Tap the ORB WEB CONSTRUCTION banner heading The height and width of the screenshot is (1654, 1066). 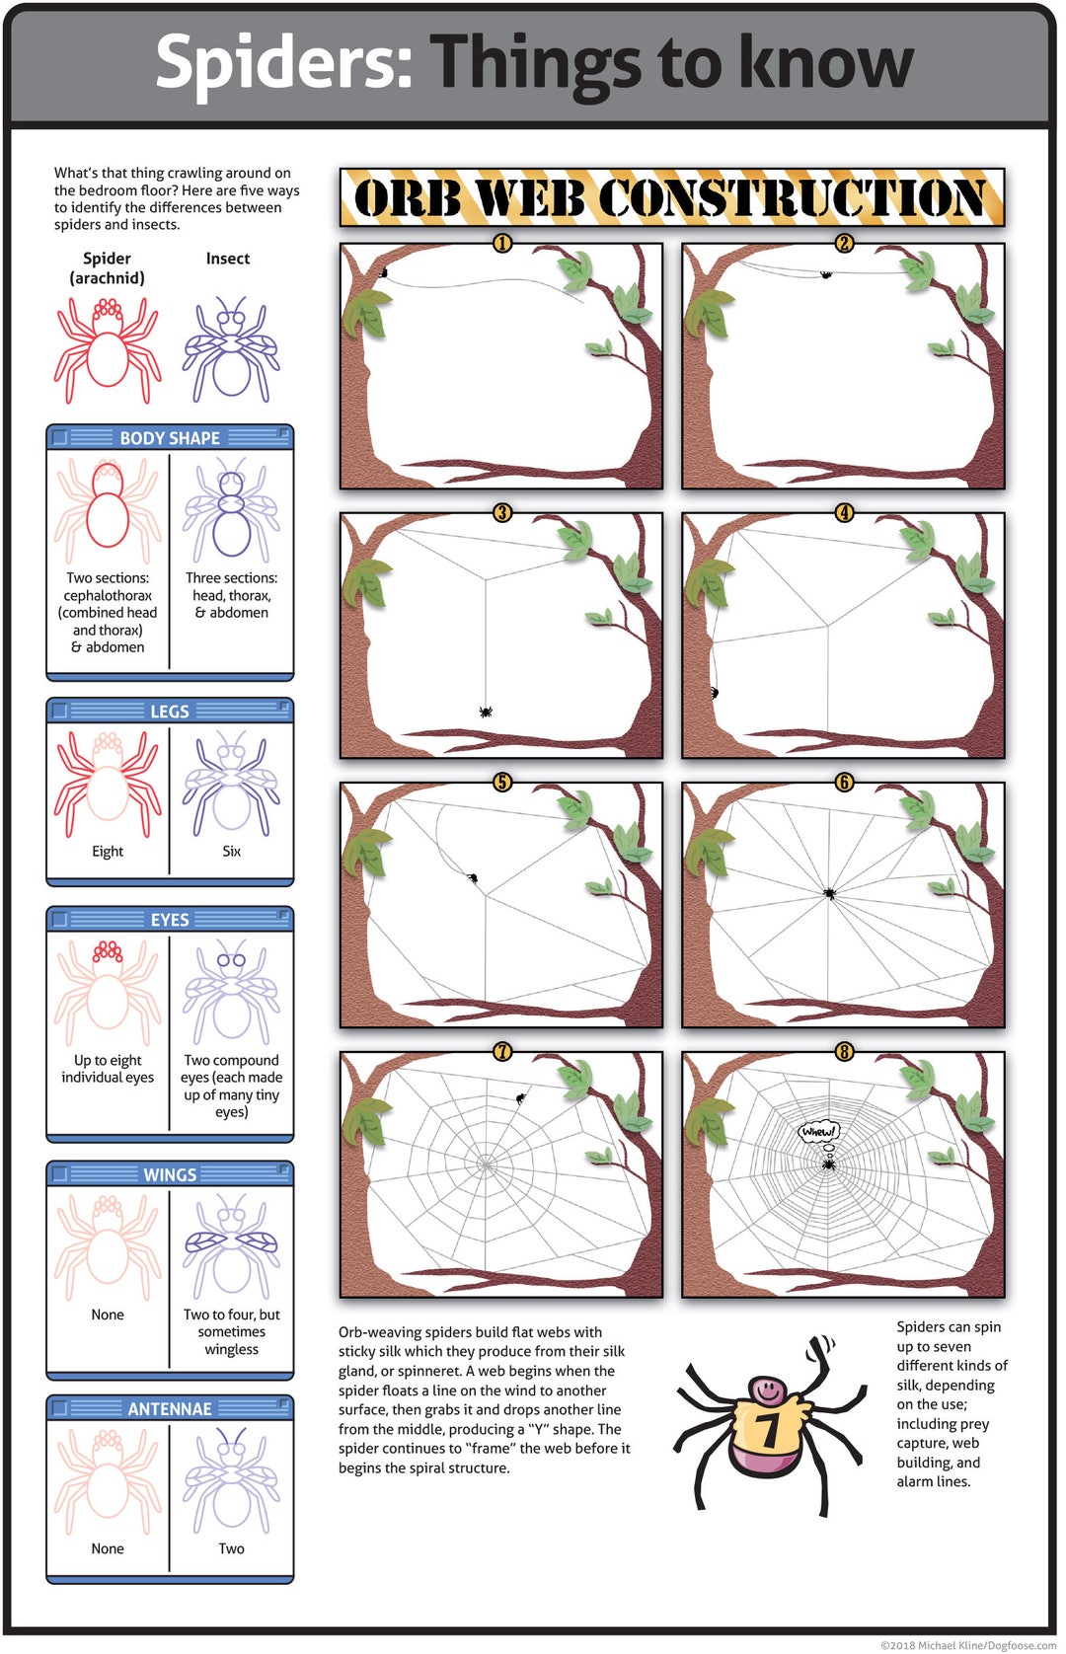671,197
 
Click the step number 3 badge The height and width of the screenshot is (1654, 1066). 502,512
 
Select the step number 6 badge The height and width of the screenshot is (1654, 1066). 844,782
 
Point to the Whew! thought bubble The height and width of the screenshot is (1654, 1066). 818,1132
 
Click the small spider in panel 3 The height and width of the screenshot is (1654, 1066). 485,711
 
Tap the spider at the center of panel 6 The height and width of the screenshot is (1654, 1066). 829,893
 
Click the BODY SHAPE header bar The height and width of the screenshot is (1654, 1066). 170,437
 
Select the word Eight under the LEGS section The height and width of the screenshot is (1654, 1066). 108,851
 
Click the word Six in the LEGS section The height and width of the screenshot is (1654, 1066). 231,851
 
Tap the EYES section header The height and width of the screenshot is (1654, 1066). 170,919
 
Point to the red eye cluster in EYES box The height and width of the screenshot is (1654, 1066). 108,952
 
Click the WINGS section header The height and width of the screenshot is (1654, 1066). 170,1174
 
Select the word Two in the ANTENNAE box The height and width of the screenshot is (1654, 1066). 231,1548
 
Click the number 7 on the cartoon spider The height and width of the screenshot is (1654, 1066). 767,1428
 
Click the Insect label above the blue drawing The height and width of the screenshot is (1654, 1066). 227,259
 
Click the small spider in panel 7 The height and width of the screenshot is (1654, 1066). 520,1097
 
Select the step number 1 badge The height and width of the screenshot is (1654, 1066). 502,243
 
